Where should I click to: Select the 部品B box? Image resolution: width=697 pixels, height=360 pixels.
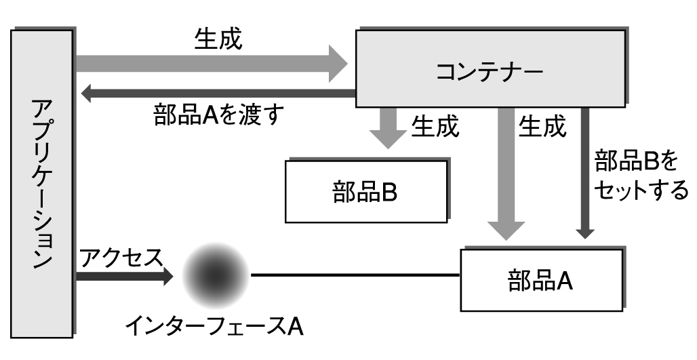coord(367,192)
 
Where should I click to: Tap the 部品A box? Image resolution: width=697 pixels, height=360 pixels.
coord(540,280)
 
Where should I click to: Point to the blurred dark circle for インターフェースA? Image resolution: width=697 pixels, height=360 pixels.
coord(214,275)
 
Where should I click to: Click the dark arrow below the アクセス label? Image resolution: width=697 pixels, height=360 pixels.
coord(122,275)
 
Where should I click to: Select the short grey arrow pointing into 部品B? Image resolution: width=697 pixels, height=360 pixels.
coord(389,127)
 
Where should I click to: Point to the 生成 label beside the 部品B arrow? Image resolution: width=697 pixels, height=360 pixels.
coord(435,126)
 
